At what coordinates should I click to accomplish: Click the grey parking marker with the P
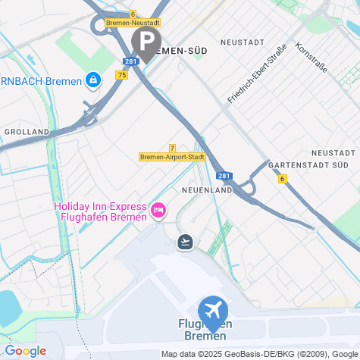tap(146, 41)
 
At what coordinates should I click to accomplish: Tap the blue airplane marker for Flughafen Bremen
tap(213, 311)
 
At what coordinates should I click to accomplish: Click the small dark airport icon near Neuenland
tap(185, 242)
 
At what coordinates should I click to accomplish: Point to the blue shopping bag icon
tap(92, 80)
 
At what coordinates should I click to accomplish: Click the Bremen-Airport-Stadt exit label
tap(173, 157)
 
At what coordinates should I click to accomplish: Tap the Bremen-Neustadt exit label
tap(133, 23)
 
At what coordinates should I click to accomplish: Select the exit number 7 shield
tap(173, 148)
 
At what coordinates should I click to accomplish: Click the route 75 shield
tap(122, 75)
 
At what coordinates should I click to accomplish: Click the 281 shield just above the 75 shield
tap(130, 61)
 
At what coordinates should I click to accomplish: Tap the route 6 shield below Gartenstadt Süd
tap(282, 179)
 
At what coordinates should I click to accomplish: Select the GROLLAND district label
tap(27, 131)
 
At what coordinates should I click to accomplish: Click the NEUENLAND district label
tap(207, 190)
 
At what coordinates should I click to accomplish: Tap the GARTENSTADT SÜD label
tap(308, 164)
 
